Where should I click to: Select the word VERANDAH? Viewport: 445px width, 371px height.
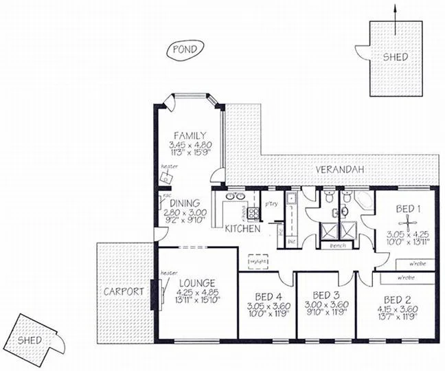coord(339,169)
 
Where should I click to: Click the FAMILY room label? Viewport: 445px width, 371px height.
coord(190,135)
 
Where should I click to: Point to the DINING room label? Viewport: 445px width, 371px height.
coord(186,203)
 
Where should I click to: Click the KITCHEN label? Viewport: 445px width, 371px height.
coord(242,229)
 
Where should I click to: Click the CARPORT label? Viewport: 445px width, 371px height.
coord(124,291)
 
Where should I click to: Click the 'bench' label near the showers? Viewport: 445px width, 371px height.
coord(338,245)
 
